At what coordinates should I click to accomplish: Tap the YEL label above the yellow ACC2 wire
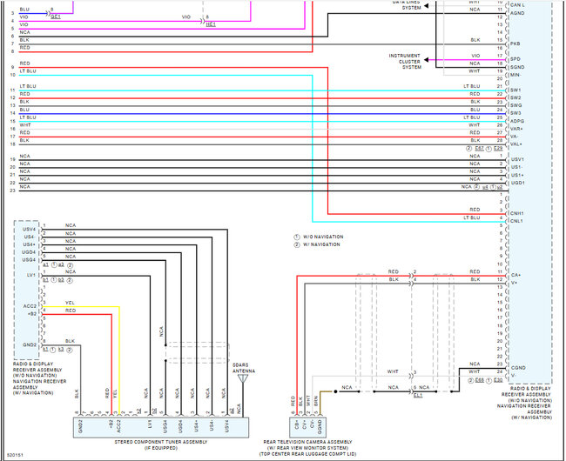(x=70, y=303)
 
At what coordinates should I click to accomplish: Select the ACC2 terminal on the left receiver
(x=29, y=307)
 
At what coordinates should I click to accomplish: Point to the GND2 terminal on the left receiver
(x=29, y=345)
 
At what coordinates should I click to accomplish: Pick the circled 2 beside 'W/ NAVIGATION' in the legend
(x=296, y=244)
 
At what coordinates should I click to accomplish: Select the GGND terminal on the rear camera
(x=320, y=426)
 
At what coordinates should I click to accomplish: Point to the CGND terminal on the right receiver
(x=517, y=368)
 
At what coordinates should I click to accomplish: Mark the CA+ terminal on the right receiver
(x=515, y=275)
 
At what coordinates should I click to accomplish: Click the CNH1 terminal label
(x=517, y=212)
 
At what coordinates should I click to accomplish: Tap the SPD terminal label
(x=515, y=58)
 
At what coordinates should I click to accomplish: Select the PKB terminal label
(x=515, y=43)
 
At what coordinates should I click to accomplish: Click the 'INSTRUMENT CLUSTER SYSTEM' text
(x=406, y=61)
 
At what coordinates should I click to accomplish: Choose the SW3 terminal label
(x=515, y=113)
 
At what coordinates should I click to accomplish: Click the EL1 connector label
(x=418, y=395)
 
